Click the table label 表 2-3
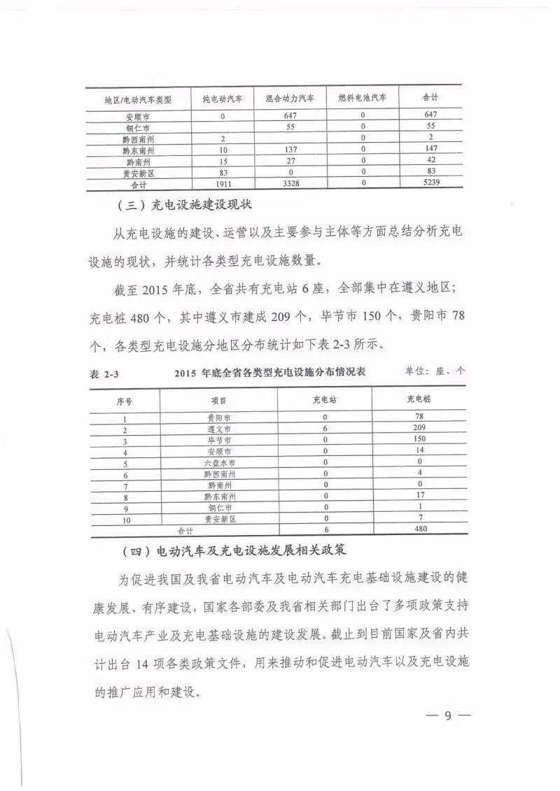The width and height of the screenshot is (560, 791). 104,374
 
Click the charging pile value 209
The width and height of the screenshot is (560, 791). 420,427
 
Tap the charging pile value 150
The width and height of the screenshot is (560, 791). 420,439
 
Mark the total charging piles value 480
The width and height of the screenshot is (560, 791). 420,529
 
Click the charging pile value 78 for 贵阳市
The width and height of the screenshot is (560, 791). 420,416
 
